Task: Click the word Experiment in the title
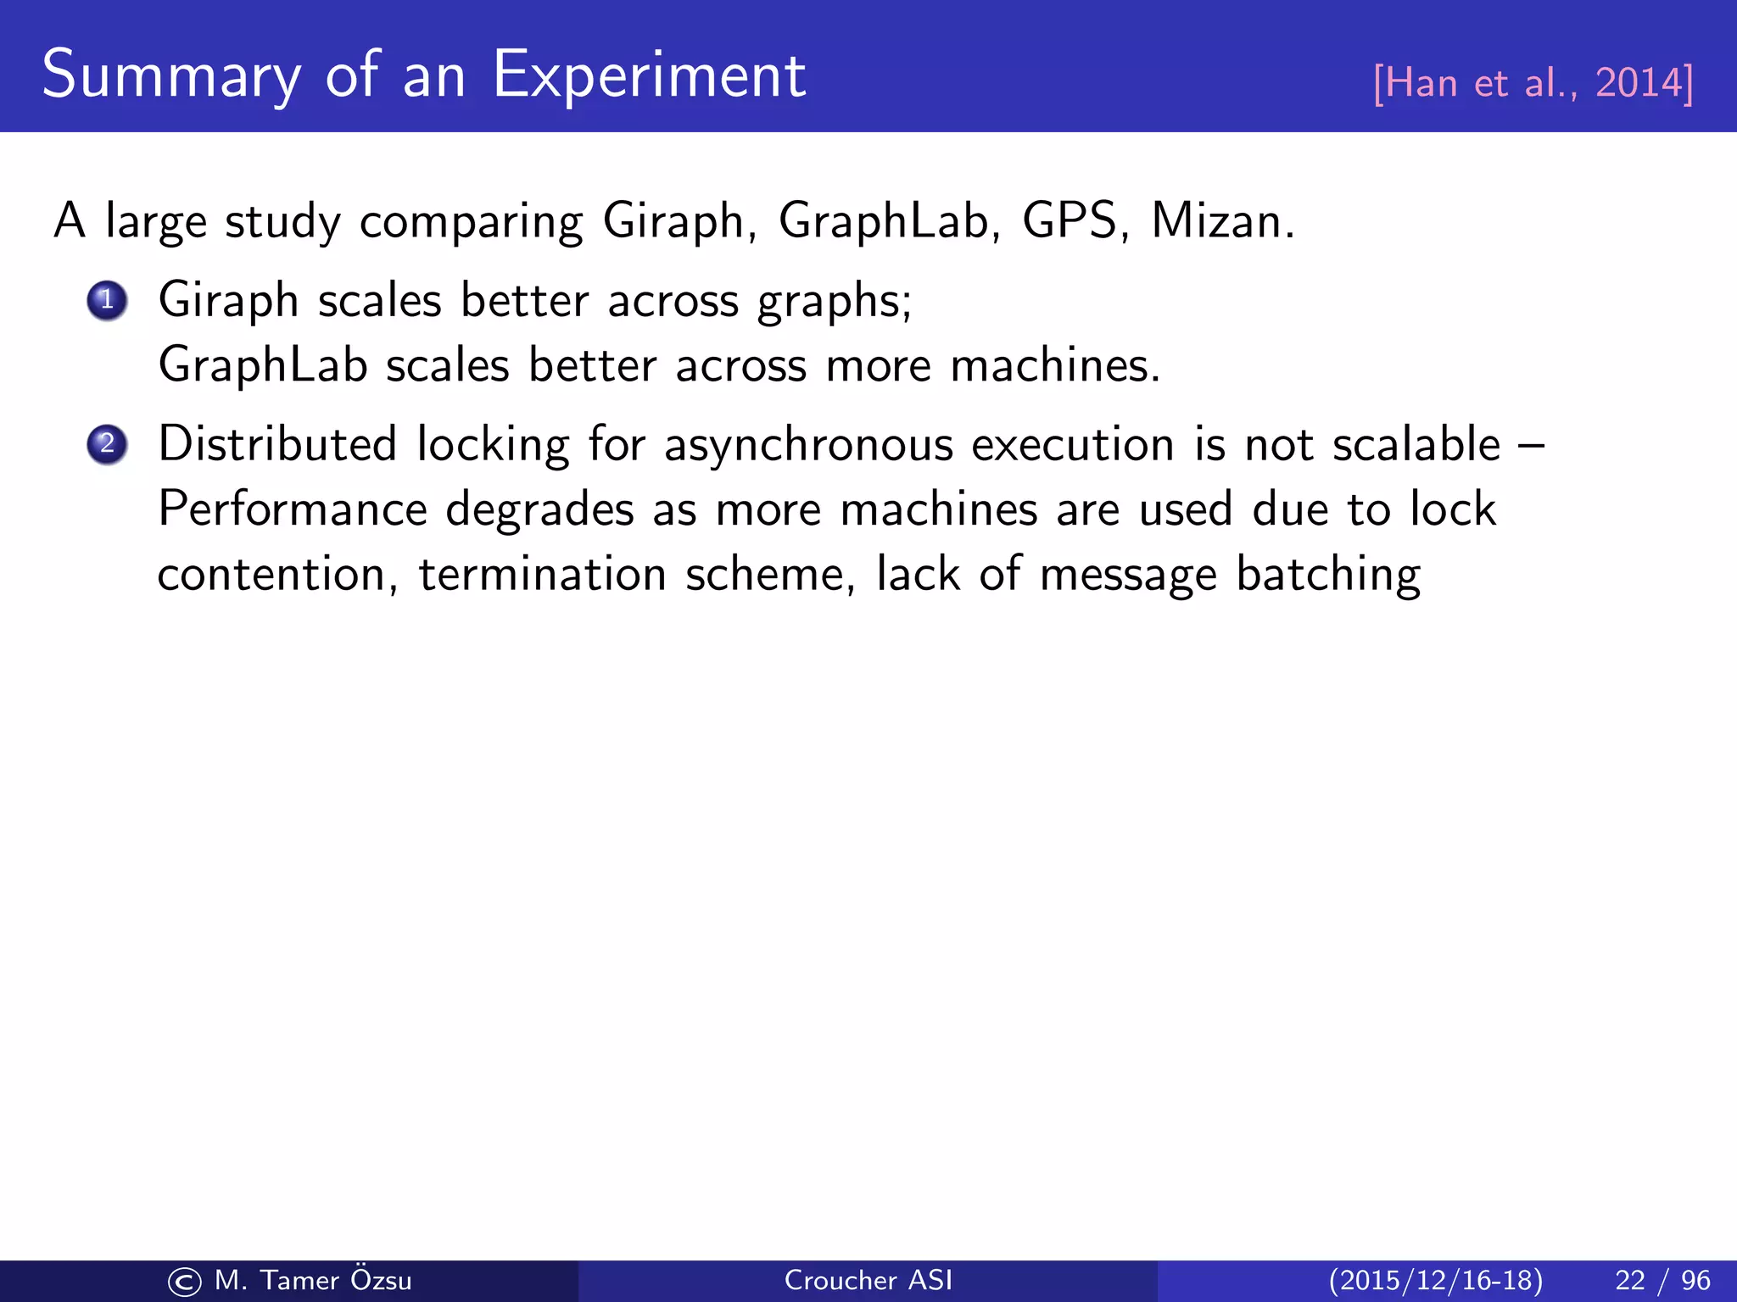649,76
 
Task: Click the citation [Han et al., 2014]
1533,83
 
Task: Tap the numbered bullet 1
107,300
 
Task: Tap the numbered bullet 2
107,444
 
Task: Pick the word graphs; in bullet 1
834,302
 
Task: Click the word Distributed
277,444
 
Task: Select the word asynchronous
808,446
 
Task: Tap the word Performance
293,509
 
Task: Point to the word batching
1328,576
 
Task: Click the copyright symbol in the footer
184,1282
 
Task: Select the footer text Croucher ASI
868,1280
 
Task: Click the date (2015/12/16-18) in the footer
1435,1280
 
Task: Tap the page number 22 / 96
1662,1280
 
